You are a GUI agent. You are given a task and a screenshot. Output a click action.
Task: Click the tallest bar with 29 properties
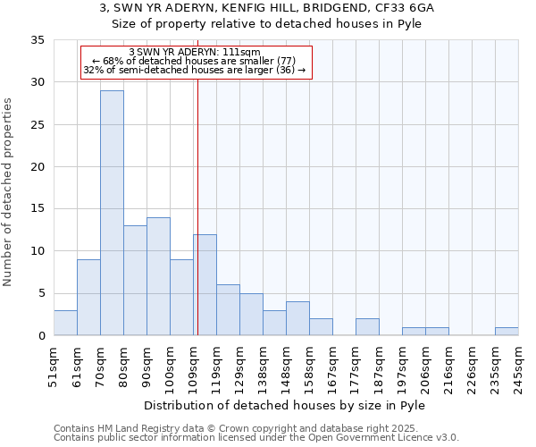tap(112, 213)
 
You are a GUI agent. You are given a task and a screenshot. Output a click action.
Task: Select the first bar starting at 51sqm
tap(65, 323)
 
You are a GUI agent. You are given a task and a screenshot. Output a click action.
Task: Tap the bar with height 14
tap(158, 276)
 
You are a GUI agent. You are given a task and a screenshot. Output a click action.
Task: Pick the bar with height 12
tap(205, 284)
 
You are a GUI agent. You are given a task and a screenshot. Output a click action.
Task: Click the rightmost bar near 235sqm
tap(507, 332)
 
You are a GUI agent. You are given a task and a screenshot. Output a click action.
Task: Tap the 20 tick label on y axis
tap(37, 167)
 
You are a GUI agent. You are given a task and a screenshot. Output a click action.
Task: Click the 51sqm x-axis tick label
tap(54, 366)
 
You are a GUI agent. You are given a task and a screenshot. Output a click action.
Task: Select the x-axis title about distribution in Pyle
tap(285, 406)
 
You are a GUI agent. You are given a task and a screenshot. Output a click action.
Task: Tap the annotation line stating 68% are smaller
tap(194, 61)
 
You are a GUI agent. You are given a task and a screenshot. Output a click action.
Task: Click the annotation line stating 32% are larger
tap(195, 70)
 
